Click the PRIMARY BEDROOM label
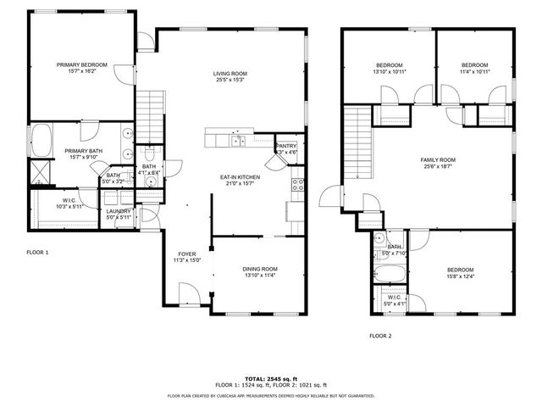[x=82, y=64]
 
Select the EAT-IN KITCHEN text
[x=240, y=176]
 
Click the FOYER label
[x=187, y=254]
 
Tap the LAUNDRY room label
[x=119, y=211]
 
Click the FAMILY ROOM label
[x=438, y=159]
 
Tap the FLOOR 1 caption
[x=37, y=253]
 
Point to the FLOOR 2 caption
[x=380, y=336]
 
